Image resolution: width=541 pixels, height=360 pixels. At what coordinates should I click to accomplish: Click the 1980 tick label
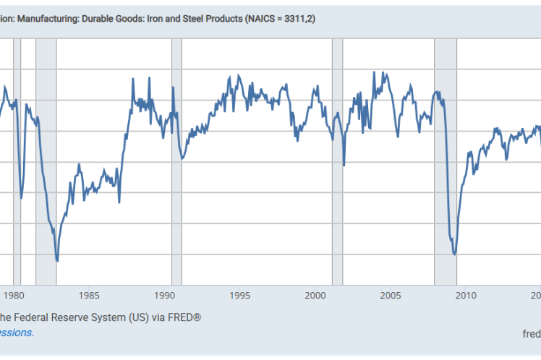tap(14, 295)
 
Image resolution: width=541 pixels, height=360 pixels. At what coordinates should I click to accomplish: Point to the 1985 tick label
tap(90, 295)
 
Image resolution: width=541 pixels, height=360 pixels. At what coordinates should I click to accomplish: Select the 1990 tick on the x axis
tap(165, 295)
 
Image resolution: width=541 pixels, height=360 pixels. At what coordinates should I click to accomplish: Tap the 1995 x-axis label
tap(240, 295)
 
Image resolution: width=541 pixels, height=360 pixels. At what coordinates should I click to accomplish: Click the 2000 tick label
tap(315, 295)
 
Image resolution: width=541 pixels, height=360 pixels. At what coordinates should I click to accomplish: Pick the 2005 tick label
tap(391, 295)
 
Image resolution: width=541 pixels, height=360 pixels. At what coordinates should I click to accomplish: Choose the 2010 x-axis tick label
tap(466, 295)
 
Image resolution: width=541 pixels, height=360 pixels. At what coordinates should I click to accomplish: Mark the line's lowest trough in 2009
tap(454, 254)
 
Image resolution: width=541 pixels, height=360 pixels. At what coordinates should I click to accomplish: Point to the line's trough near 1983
tap(57, 261)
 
